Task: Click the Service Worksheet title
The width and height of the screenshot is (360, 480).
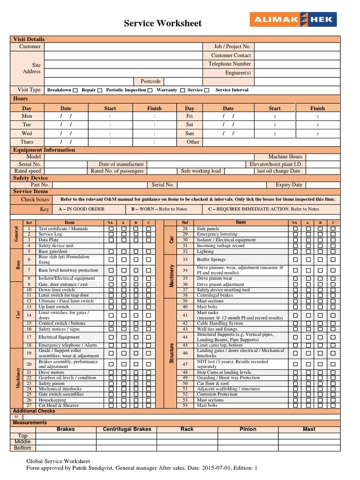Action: [x=163, y=23]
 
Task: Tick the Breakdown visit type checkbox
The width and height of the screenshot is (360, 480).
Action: [x=76, y=90]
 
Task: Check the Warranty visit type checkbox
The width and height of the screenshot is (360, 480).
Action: [x=182, y=90]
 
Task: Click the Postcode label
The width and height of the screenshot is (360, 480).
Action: [x=150, y=81]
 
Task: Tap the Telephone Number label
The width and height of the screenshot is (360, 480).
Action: [x=229, y=64]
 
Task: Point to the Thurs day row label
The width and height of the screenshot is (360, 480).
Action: [x=27, y=142]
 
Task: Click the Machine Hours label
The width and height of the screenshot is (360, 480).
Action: [x=285, y=157]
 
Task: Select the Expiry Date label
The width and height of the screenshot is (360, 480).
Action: [x=289, y=185]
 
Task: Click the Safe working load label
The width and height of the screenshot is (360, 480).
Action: [x=201, y=171]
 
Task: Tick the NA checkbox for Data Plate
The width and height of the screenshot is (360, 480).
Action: [x=111, y=240]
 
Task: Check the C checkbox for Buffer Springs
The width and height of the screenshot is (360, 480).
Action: [x=333, y=259]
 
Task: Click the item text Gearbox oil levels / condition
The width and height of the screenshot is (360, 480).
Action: [x=67, y=377]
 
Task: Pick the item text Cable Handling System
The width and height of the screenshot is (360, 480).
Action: [x=219, y=323]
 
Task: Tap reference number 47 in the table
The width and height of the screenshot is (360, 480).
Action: [x=185, y=364]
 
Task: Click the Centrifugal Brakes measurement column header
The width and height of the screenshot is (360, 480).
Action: [x=127, y=429]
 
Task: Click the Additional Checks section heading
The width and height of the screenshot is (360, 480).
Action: [x=34, y=411]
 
